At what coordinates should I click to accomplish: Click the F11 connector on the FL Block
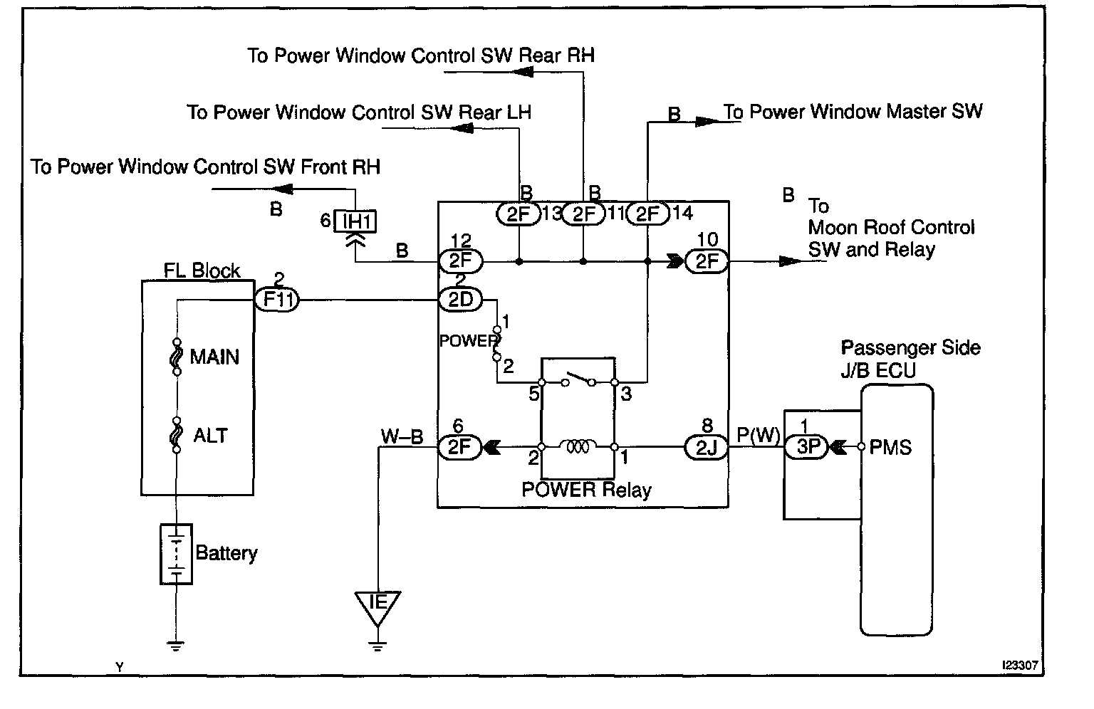276,300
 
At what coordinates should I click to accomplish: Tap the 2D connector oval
460,300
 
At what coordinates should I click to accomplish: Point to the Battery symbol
176,554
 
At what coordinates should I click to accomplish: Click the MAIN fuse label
214,357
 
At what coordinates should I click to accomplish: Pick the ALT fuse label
211,435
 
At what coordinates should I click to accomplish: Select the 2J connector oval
706,447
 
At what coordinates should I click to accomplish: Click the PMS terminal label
891,447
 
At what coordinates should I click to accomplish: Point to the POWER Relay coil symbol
578,447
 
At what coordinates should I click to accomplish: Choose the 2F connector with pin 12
460,261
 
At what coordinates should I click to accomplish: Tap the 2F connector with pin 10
707,261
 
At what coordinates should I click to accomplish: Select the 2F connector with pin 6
460,447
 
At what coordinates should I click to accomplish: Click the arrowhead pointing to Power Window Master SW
707,122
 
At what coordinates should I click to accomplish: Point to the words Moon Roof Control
891,228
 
